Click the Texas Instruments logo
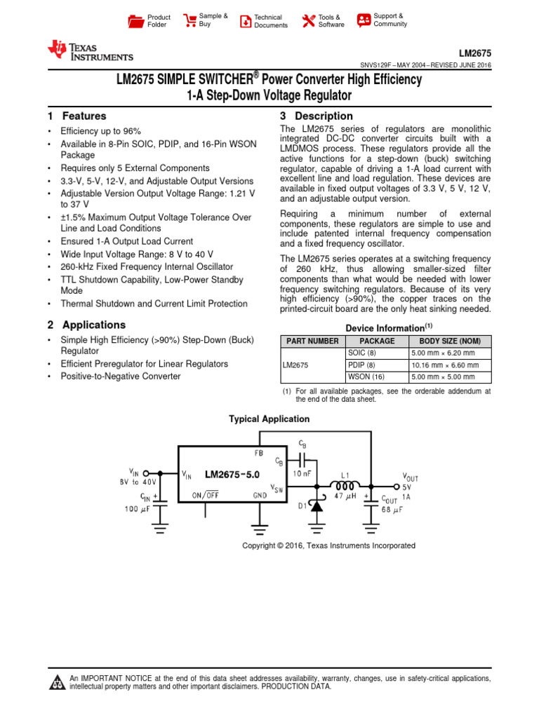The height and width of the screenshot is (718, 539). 89,50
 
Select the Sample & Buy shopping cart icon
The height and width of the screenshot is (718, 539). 189,20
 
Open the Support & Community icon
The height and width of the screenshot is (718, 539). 364,20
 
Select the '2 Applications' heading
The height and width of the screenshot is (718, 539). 86,325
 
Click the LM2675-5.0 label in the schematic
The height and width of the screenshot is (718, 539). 232,475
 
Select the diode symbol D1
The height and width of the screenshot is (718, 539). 317,504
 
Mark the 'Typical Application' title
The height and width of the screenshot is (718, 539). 269,419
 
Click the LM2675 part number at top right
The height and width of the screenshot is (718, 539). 475,53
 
